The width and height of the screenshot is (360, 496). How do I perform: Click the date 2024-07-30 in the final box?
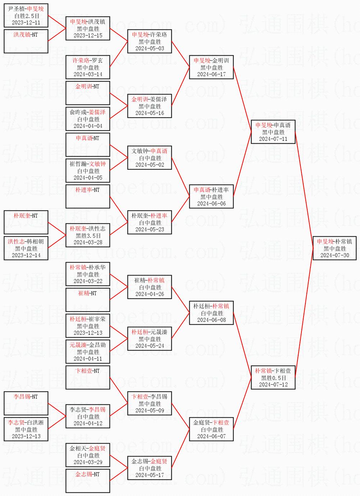pos(334,255)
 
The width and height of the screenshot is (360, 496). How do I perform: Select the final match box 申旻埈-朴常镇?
pos(334,248)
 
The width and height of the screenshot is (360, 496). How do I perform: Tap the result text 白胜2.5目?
pos(26,16)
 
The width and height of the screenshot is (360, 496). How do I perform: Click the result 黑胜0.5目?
pos(273,378)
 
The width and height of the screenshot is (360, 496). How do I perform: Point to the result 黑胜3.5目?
pos(88,236)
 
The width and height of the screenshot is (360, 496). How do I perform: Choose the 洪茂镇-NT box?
pos(26,41)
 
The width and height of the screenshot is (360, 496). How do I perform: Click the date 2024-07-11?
pos(273,139)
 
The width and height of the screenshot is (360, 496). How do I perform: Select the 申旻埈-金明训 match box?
pos(212,67)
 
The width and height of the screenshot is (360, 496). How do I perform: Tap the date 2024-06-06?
pos(212,204)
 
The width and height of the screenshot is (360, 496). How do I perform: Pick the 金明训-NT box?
pos(88,93)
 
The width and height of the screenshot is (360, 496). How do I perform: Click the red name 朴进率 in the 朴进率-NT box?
pos(83,190)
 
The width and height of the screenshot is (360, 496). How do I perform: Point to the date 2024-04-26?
pos(149,294)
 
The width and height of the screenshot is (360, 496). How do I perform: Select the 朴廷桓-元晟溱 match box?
pos(149,339)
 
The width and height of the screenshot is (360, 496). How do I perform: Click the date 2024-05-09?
pos(149,411)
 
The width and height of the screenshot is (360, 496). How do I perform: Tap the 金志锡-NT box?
pos(88,481)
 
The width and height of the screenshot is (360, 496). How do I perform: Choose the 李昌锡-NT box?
pos(26,403)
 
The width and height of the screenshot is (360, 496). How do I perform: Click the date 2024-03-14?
pos(88,74)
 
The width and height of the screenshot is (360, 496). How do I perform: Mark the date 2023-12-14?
pos(26,255)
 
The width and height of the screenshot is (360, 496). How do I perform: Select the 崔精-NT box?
pos(88,300)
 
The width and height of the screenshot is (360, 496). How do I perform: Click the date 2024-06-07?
pos(212,436)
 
